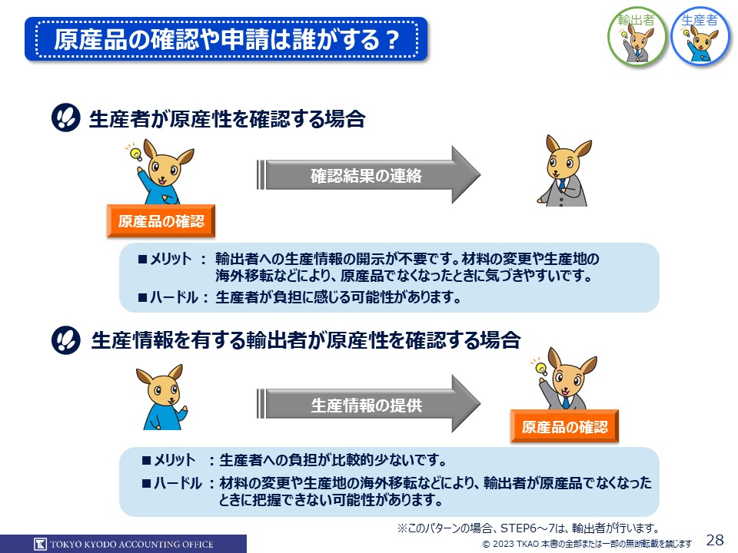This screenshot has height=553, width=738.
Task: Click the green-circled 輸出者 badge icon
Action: coord(637,36)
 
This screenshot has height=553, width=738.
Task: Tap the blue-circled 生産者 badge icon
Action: coord(701,36)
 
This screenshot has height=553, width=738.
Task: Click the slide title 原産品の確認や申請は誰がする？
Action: coord(226,39)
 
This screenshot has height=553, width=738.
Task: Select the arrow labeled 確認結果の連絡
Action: coord(368,175)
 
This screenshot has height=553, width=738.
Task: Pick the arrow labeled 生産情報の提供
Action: coord(368,404)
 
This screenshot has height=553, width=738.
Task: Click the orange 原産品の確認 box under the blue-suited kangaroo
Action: coord(161,221)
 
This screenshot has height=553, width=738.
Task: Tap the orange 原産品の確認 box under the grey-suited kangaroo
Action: coord(564,426)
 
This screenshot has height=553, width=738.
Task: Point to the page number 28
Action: coord(715,539)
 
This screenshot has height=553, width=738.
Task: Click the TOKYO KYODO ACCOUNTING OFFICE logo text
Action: coord(131,545)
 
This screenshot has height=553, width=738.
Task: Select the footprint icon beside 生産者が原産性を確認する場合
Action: coord(66,118)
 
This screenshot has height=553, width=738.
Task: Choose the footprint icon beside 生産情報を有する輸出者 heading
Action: coord(66,340)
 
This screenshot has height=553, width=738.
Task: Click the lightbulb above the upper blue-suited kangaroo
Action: coord(135,152)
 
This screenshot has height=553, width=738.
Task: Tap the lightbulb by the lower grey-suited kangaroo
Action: coord(540,367)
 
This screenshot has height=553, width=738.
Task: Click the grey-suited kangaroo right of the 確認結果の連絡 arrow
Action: coord(565,171)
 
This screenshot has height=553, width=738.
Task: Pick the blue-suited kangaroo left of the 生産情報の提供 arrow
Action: coord(162,397)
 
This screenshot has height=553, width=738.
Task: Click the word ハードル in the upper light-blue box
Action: coord(175,297)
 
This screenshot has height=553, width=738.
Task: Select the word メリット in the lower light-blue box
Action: coord(175,460)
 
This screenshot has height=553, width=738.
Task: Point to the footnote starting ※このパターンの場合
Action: coord(528,528)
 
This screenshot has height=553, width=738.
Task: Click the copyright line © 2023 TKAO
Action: coord(587,544)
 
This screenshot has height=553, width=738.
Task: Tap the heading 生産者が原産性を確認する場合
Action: coord(227,118)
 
